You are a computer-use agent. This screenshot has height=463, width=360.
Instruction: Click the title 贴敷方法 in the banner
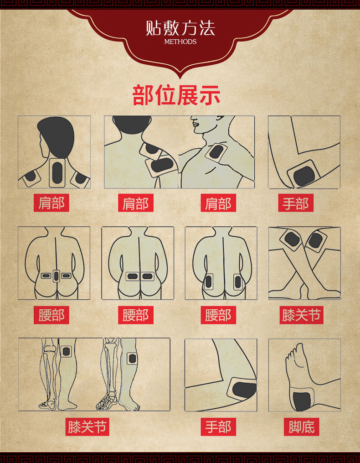180,28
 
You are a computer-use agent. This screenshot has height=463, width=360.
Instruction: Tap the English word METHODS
180,42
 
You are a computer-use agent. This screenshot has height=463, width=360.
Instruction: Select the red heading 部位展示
176,95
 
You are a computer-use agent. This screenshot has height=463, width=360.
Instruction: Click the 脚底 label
301,427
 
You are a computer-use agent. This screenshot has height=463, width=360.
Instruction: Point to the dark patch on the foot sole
302,401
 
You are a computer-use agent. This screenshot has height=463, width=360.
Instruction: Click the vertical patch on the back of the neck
57,173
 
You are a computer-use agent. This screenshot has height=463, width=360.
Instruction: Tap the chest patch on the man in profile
216,152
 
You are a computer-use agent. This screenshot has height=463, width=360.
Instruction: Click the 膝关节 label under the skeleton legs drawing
87,427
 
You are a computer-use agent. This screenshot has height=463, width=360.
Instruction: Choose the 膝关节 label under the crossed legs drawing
301,315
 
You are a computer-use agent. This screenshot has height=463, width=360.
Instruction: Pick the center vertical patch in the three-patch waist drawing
56,276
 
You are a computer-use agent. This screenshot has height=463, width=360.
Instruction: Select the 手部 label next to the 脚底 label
218,427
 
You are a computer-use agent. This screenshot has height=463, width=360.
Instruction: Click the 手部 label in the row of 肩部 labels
296,203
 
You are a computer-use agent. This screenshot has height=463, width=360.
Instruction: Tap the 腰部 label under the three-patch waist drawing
51,315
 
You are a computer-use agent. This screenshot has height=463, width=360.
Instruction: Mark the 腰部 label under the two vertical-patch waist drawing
218,315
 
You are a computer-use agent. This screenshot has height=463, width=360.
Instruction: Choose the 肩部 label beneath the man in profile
218,203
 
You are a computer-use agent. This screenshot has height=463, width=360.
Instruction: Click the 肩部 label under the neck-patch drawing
51,203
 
